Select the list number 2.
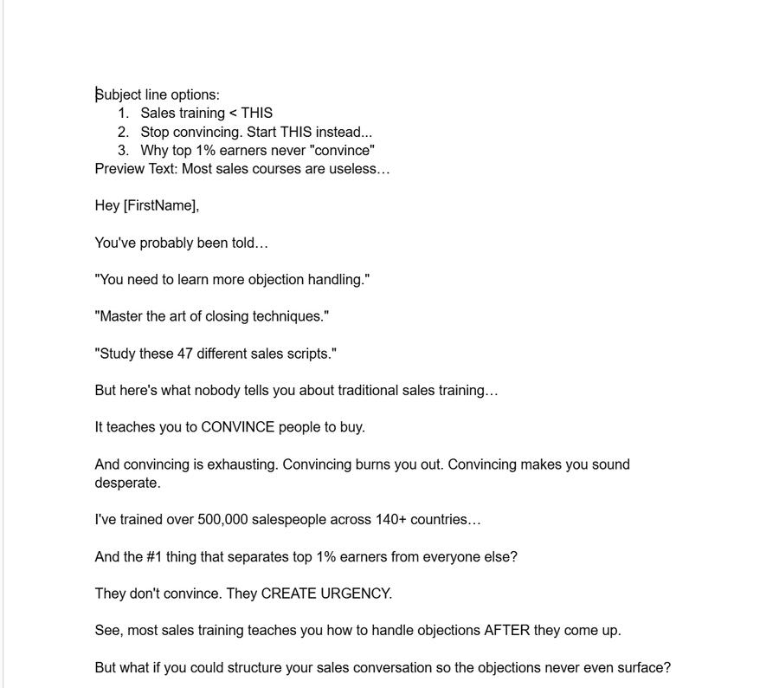pyautogui.click(x=123, y=132)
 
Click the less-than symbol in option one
pyautogui.click(x=232, y=114)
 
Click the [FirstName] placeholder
pyautogui.click(x=161, y=206)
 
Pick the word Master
pyautogui.click(x=121, y=317)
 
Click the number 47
pyautogui.click(x=185, y=354)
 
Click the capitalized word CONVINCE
pyautogui.click(x=237, y=427)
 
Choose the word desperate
pyautogui.click(x=127, y=483)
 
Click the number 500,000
pyautogui.click(x=222, y=520)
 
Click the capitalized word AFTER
pyautogui.click(x=506, y=631)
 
